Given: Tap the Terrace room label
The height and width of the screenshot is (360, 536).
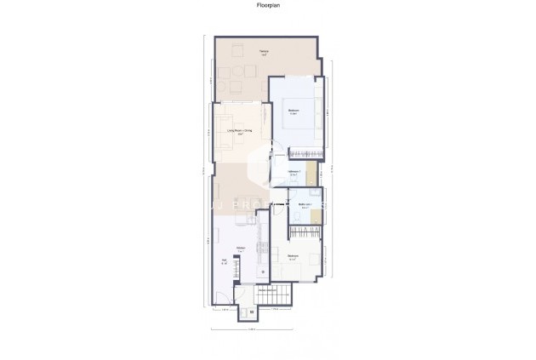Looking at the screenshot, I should (265, 54).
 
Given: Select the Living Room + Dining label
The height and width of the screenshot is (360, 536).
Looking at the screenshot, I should (241, 131).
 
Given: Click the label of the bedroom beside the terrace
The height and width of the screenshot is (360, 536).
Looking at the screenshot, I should (294, 111).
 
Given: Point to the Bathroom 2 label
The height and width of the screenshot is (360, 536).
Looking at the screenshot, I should (294, 172).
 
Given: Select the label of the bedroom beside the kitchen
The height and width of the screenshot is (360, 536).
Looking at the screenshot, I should (294, 256).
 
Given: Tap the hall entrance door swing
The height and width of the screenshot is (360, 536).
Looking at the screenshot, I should (222, 294).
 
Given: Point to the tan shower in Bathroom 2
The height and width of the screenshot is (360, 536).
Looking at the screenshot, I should (312, 173).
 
